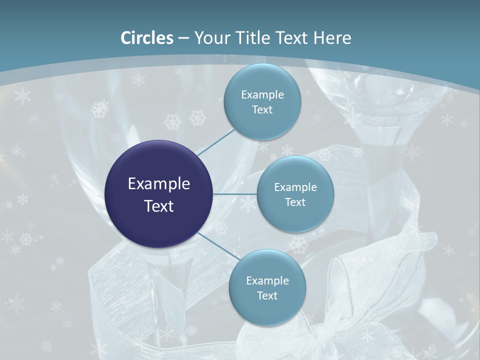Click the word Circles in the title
[x=147, y=38]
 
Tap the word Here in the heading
[x=332, y=38]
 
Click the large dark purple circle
[x=159, y=194]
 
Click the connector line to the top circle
[x=216, y=142]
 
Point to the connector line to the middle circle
[x=235, y=194]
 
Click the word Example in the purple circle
[x=159, y=184]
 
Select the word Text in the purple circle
[x=159, y=206]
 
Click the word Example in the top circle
[x=262, y=94]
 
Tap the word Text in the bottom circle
[x=267, y=295]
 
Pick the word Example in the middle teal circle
[x=295, y=187]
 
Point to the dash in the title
[x=183, y=38]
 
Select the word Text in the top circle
[x=262, y=109]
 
